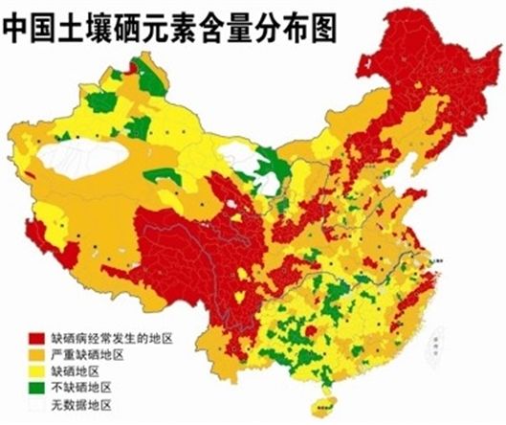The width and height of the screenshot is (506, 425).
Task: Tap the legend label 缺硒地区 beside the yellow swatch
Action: [81, 370]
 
